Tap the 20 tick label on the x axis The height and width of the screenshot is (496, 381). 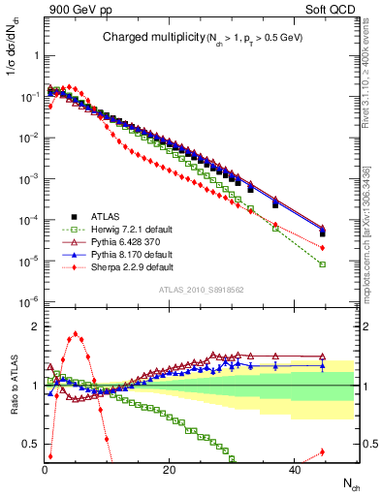169,470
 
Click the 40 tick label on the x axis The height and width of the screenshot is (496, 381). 292,470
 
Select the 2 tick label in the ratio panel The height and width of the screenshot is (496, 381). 35,326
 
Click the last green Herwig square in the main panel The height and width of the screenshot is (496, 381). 322,264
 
